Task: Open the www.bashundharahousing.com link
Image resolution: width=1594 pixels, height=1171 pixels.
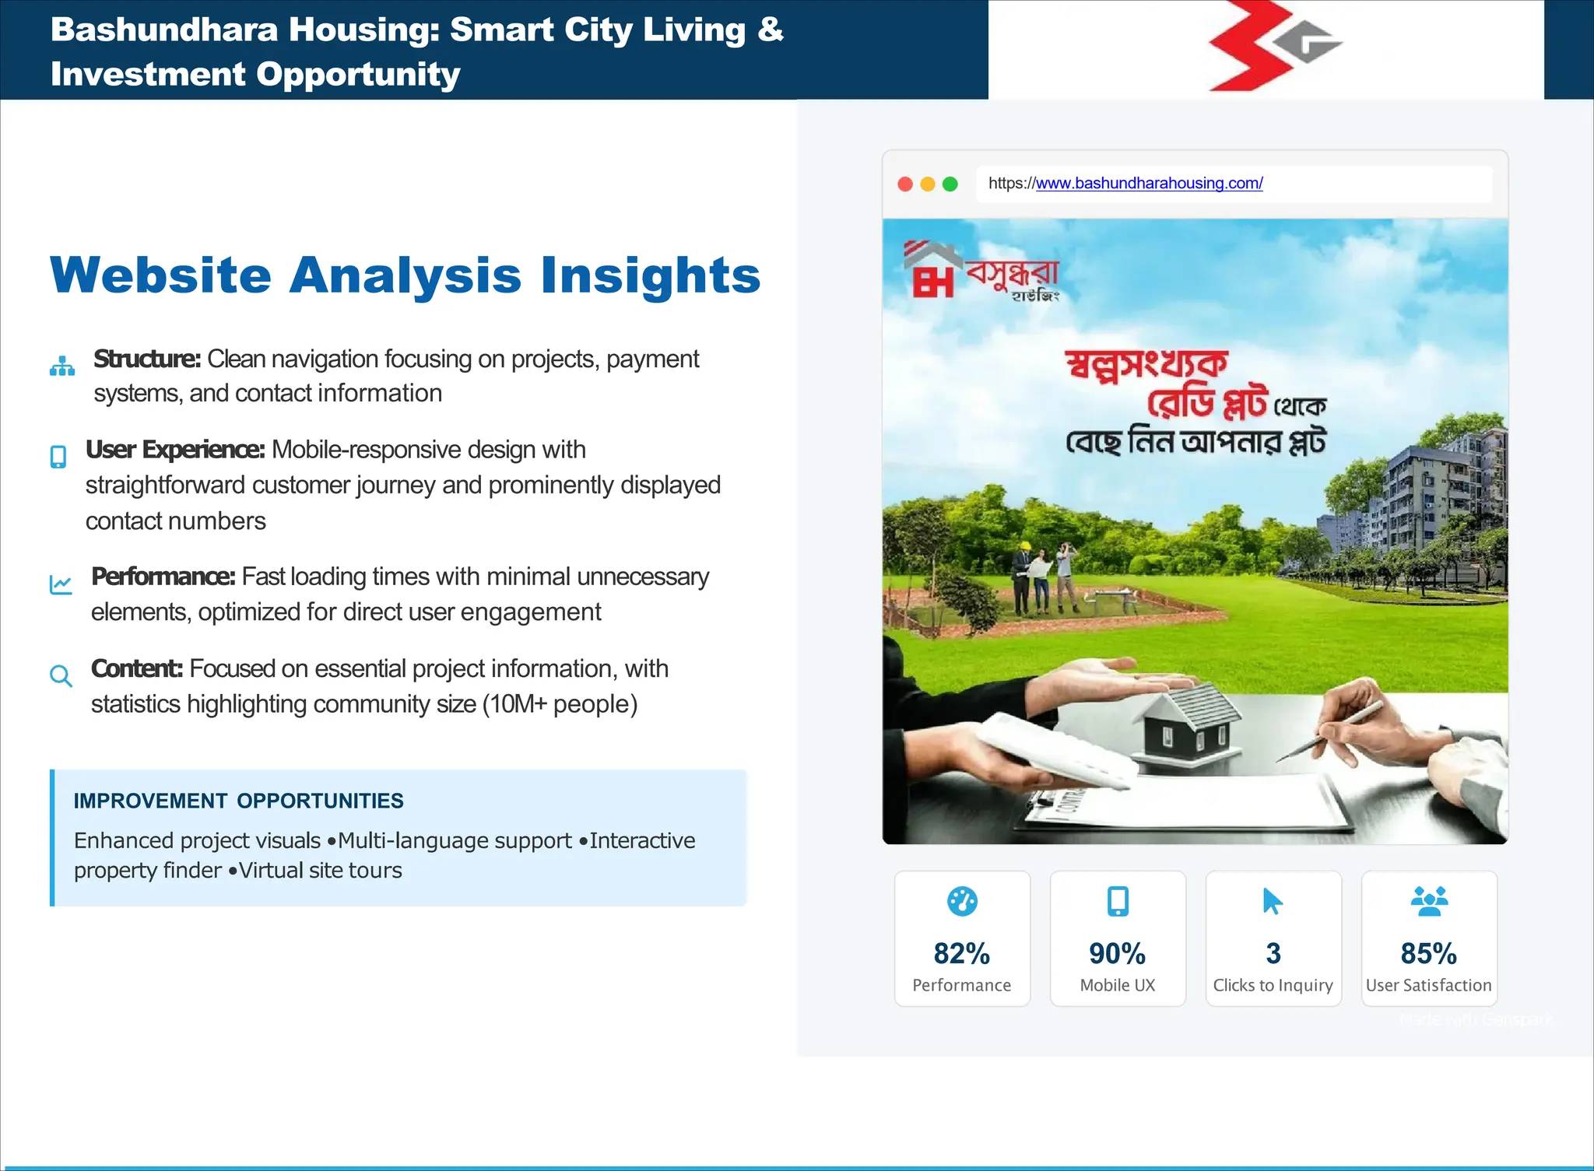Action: coord(1149,184)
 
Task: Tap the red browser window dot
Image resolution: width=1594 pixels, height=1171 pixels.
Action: coord(905,184)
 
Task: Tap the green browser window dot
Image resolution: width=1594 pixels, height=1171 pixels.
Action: coord(950,184)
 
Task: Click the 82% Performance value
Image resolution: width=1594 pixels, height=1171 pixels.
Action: coord(962,953)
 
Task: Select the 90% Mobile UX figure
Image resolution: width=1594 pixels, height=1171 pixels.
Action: coord(1117,953)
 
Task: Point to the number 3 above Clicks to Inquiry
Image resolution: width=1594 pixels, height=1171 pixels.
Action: coord(1273,953)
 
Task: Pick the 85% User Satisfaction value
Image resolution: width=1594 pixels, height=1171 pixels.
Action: coord(1428,953)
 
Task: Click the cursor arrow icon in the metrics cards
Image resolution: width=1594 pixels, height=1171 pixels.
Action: coord(1273,901)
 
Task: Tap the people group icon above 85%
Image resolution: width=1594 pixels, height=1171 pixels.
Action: coord(1429,901)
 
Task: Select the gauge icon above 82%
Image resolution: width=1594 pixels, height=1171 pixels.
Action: coord(962,901)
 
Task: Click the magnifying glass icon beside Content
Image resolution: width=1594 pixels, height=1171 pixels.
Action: coord(61,676)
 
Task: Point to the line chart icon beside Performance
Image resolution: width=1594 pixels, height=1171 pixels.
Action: coord(61,584)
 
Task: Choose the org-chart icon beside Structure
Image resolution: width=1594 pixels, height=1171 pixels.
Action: coord(62,366)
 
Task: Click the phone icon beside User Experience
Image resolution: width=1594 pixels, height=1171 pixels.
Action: coord(58,457)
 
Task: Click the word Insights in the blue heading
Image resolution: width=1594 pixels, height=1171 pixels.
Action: coord(651,275)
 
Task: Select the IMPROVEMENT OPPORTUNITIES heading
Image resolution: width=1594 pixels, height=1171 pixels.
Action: coord(238,801)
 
